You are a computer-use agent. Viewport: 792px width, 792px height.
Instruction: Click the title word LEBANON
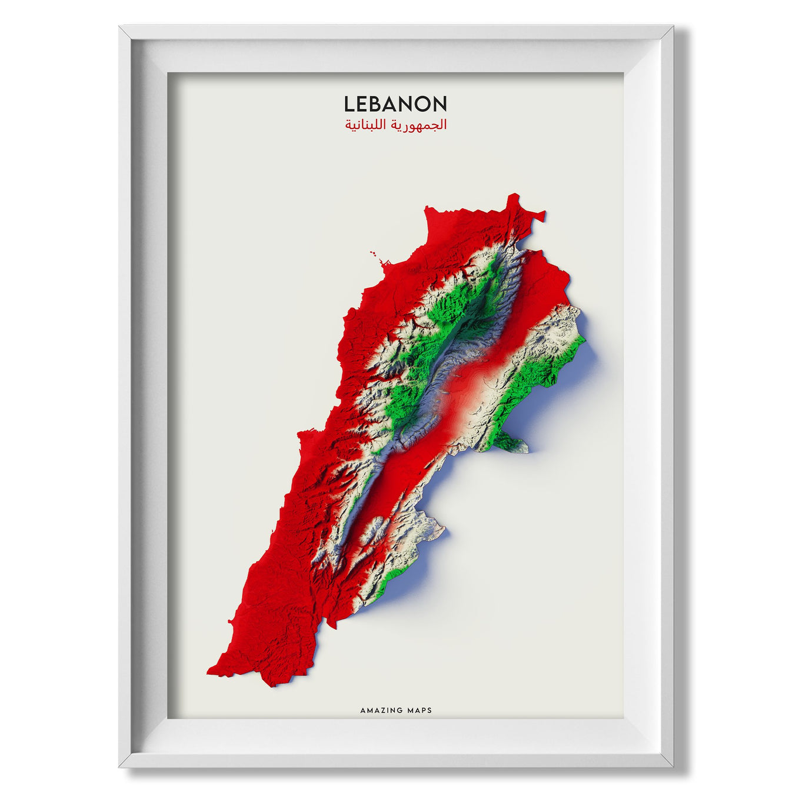coord(395,104)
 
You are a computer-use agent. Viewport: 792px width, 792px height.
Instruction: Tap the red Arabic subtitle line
coord(395,125)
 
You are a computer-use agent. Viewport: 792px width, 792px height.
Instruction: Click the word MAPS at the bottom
coord(420,710)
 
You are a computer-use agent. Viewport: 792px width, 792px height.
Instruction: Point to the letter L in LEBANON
coord(350,104)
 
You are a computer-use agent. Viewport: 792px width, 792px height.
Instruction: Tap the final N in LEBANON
coord(440,104)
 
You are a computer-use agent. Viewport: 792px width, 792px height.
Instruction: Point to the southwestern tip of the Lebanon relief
coord(209,671)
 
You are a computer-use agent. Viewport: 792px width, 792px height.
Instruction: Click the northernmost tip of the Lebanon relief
coord(515,195)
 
